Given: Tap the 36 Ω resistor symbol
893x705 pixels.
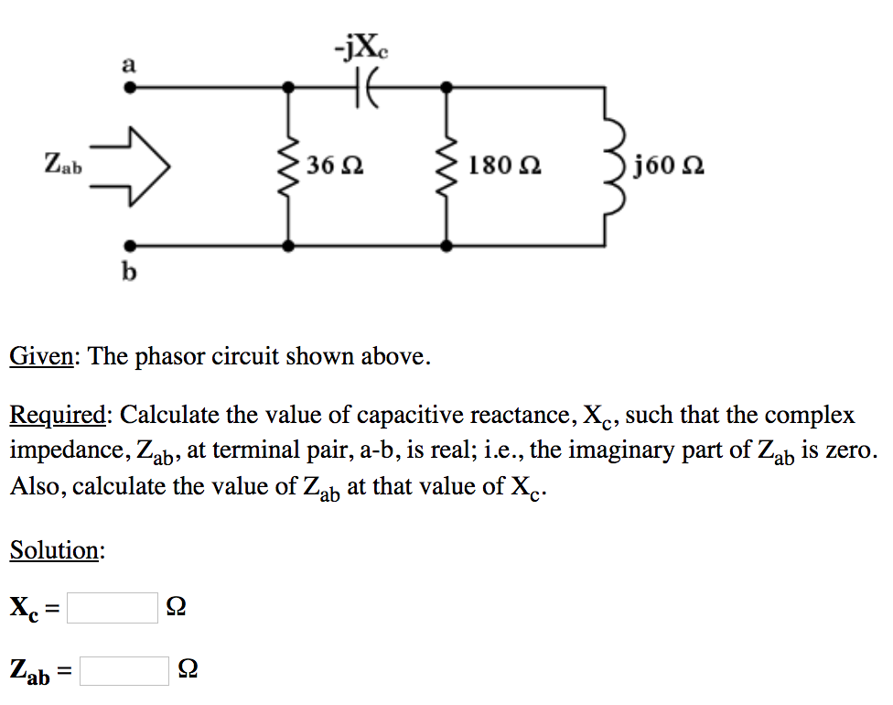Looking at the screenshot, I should pyautogui.click(x=289, y=167).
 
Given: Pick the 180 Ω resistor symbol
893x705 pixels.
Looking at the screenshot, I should pyautogui.click(x=446, y=167).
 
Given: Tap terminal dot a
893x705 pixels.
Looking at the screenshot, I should pyautogui.click(x=131, y=89).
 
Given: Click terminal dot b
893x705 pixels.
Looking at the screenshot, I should pyautogui.click(x=131, y=245).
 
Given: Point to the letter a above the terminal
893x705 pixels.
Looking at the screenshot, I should pyautogui.click(x=129, y=65).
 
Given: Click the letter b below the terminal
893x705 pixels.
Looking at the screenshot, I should pyautogui.click(x=129, y=272).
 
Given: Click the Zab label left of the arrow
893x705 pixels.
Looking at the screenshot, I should pyautogui.click(x=63, y=166).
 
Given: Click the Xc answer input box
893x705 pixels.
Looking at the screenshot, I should pyautogui.click(x=113, y=607).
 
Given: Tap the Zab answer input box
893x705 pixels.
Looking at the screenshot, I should pyautogui.click(x=124, y=671).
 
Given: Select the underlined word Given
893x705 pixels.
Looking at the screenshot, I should pyautogui.click(x=43, y=356).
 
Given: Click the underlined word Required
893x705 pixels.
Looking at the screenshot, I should pyautogui.click(x=59, y=416).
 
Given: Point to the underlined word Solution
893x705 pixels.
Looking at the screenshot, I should pyautogui.click(x=56, y=550).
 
